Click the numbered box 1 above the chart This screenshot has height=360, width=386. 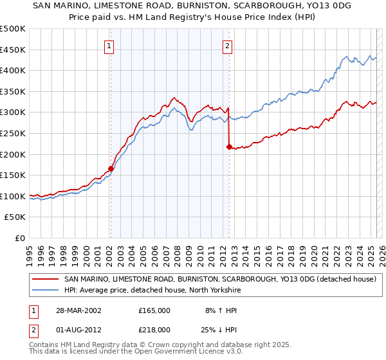click(110, 46)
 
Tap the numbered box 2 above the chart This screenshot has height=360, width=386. click(228, 46)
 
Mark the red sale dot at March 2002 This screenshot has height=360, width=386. click(111, 168)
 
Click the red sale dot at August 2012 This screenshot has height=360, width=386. click(228, 147)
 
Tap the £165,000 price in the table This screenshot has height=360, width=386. click(154, 310)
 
